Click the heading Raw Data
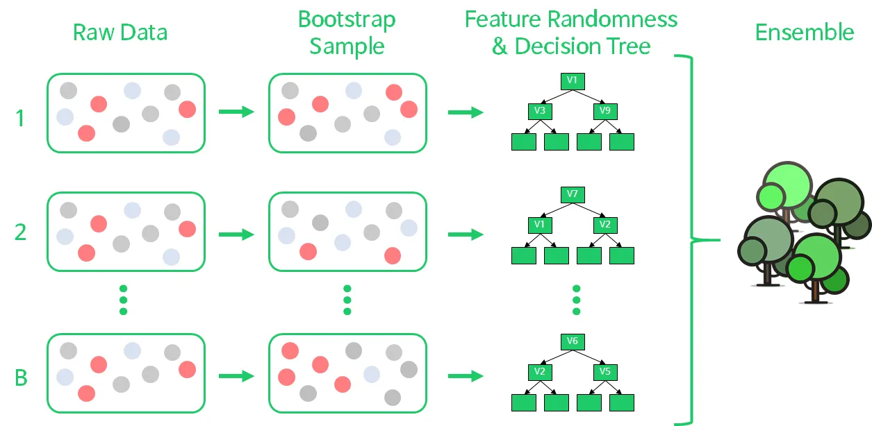click(120, 32)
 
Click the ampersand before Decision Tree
click(500, 46)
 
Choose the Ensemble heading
click(805, 32)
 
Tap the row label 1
click(20, 118)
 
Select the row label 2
click(20, 232)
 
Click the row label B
click(21, 377)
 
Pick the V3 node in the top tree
click(540, 111)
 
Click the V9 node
click(605, 111)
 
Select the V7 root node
click(573, 194)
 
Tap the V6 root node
click(573, 341)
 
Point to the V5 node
click(605, 372)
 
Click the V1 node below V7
click(540, 225)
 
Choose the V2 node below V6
click(540, 372)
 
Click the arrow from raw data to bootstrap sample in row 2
click(236, 235)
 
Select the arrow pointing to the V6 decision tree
click(466, 376)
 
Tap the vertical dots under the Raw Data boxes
click(124, 300)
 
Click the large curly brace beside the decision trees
click(692, 240)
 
